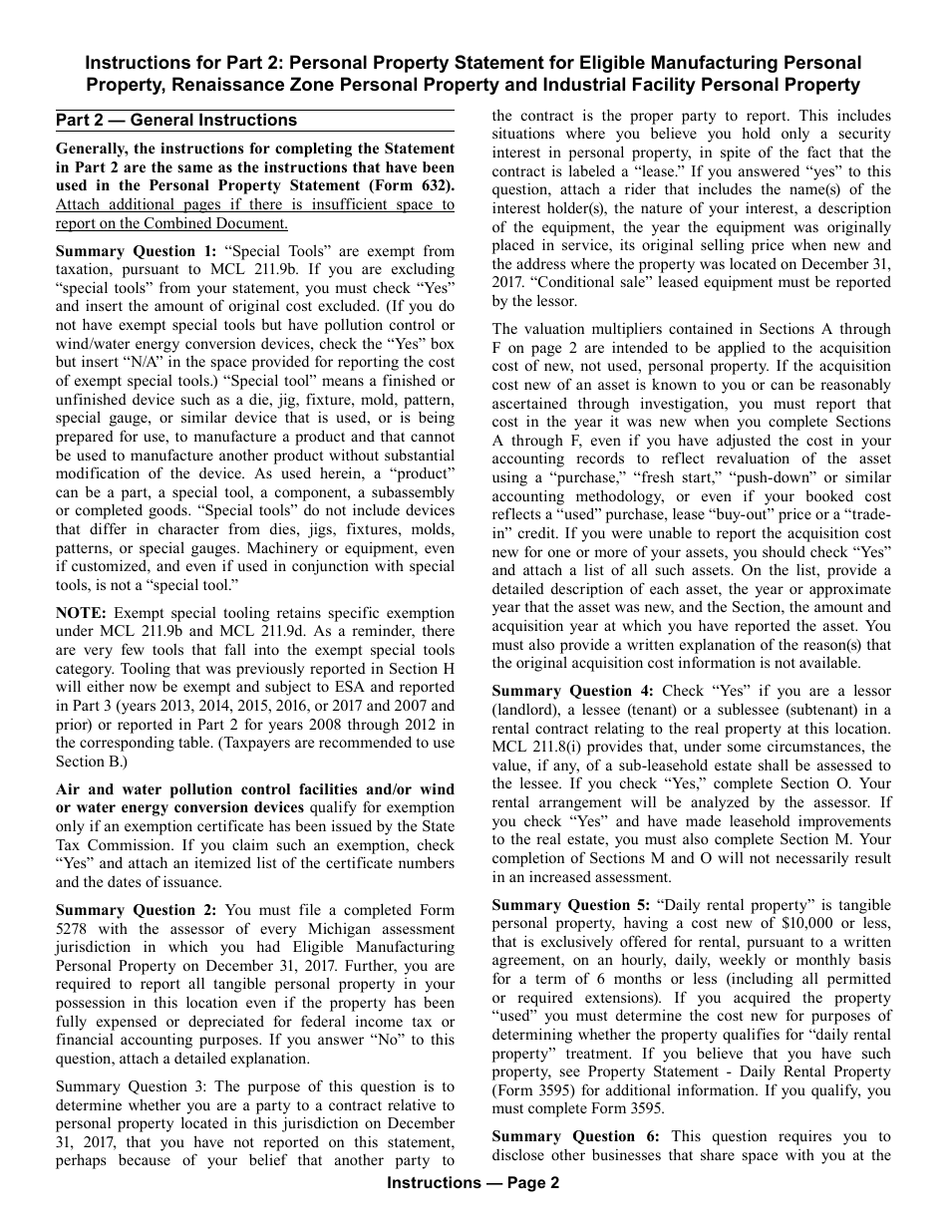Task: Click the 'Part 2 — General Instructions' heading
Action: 176,121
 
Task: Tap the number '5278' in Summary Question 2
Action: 75,929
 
